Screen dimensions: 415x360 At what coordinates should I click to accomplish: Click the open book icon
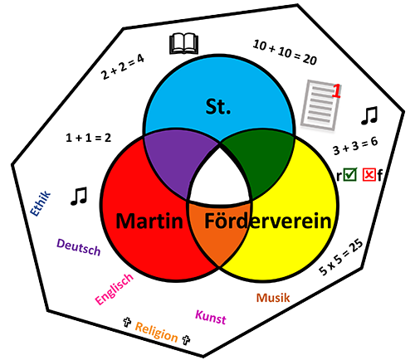[184, 44]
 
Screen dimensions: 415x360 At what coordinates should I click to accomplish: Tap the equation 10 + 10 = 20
[285, 52]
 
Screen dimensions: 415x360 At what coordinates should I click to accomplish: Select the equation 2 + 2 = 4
[123, 67]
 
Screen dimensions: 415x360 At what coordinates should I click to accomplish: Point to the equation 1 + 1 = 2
[89, 138]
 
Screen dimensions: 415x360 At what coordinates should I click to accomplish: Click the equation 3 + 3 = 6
[355, 146]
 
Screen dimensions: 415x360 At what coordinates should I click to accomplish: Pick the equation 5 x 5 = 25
[341, 257]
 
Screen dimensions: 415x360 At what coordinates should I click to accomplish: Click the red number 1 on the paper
[336, 91]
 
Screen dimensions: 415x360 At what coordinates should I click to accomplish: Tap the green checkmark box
[350, 175]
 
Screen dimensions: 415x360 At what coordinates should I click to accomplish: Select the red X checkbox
[369, 175]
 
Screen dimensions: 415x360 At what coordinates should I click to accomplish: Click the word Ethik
[41, 203]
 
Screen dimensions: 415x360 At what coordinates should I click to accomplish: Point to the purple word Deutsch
[79, 247]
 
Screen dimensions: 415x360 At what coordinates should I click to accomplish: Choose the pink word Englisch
[115, 289]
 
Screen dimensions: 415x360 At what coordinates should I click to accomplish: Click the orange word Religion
[156, 332]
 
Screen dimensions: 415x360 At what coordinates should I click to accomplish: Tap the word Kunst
[211, 317]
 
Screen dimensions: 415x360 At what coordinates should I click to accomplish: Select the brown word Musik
[273, 298]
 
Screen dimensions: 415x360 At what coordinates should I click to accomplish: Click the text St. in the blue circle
[218, 107]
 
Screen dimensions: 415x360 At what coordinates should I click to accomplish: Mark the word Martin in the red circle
[149, 221]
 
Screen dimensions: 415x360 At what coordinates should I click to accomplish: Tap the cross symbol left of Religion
[127, 322]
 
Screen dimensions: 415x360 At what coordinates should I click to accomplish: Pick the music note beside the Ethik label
[79, 196]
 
